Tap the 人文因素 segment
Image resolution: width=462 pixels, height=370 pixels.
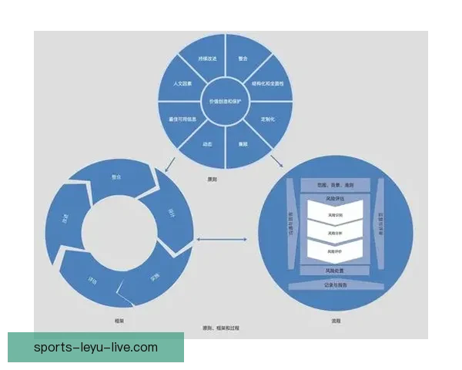[182, 83]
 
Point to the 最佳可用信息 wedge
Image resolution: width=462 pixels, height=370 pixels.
[182, 119]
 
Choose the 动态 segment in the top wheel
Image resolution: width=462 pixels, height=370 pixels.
[207, 143]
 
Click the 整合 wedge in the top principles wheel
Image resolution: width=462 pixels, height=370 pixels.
[243, 59]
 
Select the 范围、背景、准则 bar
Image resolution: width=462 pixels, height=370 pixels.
[336, 185]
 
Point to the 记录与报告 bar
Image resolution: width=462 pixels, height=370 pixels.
[336, 284]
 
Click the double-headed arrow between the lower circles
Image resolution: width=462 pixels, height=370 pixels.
[221, 240]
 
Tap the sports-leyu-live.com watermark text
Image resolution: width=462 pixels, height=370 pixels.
[96, 348]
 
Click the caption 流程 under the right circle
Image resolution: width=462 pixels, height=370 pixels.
[336, 319]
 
